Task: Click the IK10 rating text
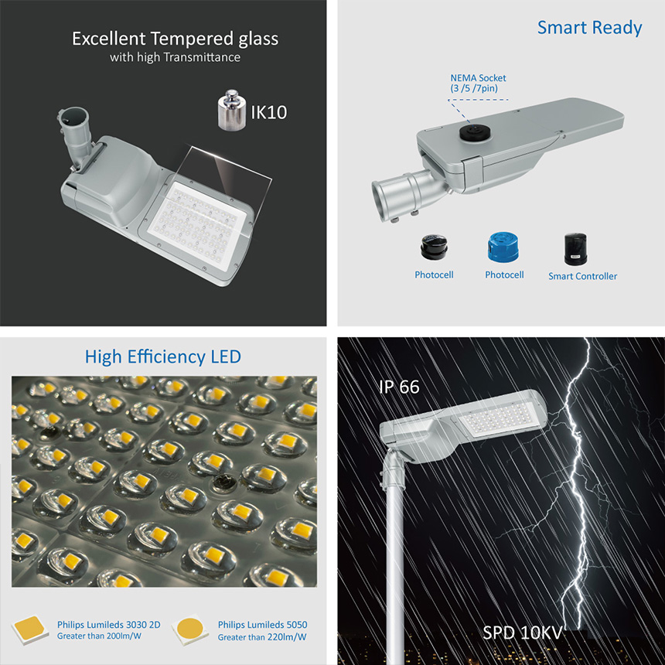269,112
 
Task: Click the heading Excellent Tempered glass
176,39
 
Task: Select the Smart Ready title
589,28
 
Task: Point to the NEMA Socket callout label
478,84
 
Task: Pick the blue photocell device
503,247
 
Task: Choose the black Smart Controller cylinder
575,249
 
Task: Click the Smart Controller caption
582,276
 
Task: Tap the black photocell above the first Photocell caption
434,247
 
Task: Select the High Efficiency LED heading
163,357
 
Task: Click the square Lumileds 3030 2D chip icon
29,629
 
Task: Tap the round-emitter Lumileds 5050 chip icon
190,630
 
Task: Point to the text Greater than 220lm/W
262,637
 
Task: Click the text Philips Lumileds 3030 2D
109,625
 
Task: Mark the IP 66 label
399,387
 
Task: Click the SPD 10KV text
522,633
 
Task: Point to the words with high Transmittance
176,57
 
